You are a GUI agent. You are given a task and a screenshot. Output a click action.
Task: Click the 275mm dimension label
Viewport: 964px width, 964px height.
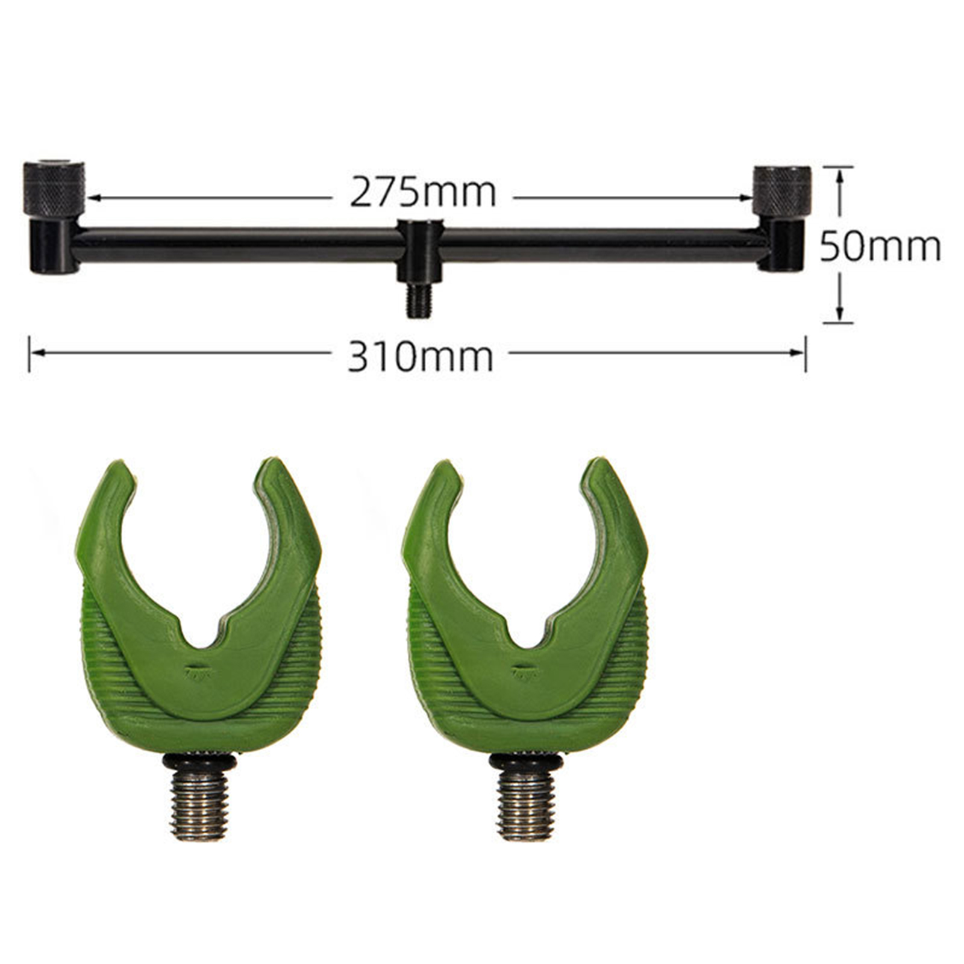(423, 192)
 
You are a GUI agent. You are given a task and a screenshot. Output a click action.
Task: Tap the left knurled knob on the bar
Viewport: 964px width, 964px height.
(54, 188)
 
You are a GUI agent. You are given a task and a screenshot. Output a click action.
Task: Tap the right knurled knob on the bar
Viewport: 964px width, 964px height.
(781, 192)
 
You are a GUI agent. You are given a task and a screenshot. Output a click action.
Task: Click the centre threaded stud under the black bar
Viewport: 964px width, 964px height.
(419, 300)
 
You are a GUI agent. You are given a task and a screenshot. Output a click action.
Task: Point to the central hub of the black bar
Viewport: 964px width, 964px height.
(419, 252)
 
